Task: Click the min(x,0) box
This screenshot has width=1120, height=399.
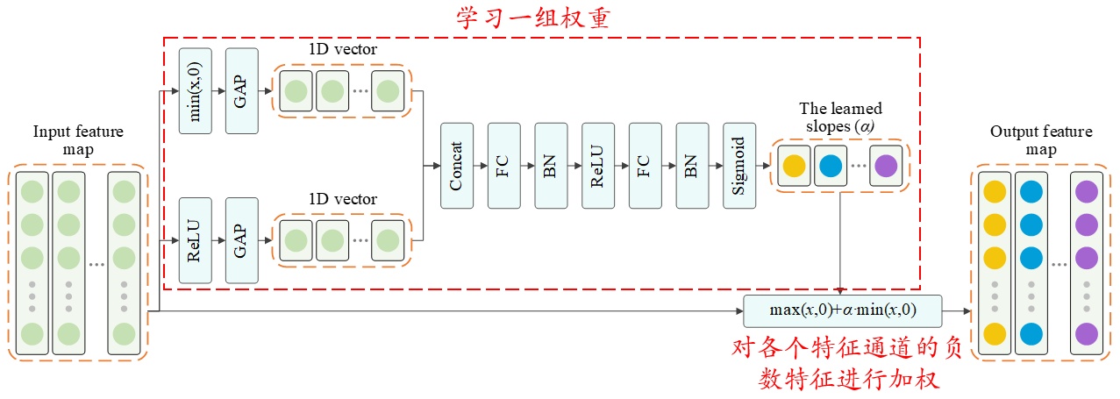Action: coord(195,91)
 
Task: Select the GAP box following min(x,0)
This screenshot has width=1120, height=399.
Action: coord(242,91)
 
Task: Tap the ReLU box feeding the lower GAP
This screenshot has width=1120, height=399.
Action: coord(195,240)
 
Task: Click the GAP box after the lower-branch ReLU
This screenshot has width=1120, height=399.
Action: coord(242,240)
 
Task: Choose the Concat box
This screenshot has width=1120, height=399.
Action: coord(456,166)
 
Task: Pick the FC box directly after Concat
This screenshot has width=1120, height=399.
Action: coord(503,166)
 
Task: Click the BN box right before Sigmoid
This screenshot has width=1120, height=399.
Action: coord(692,166)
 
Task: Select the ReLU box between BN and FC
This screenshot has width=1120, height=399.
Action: coord(598,166)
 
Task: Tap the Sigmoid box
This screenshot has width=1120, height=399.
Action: coord(739,166)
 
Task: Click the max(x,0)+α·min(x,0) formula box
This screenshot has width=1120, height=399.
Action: coord(842,310)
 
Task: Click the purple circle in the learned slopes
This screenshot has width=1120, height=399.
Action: coord(886,166)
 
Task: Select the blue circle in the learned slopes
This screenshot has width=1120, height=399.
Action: coord(830,166)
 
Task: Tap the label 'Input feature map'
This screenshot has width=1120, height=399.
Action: coord(78,141)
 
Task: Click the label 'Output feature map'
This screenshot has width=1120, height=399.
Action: coord(1041,140)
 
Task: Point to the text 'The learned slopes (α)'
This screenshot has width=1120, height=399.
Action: coord(840,117)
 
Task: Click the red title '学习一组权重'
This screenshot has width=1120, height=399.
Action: coord(532,18)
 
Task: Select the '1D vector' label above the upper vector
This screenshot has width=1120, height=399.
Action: coord(343,50)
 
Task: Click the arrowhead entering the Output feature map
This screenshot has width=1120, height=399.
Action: coord(967,310)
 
